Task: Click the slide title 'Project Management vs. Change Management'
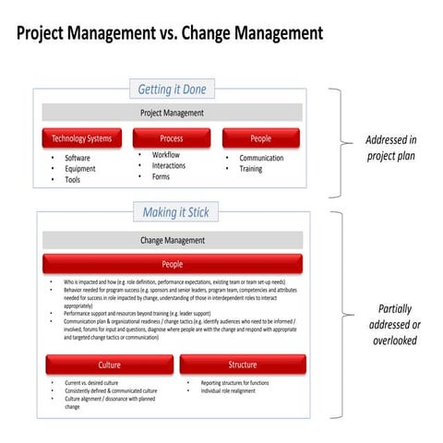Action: [x=169, y=33]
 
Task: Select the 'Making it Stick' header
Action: [x=175, y=212]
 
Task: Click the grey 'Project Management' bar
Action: [x=172, y=113]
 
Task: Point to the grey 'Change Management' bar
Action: [x=172, y=240]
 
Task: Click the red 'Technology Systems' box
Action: [x=81, y=138]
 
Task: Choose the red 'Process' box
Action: [x=171, y=138]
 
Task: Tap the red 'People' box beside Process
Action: [x=261, y=138]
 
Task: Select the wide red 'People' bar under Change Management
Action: [x=173, y=264]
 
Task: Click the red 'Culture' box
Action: [x=109, y=365]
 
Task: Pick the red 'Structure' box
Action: [x=243, y=365]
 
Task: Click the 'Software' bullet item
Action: [x=78, y=158]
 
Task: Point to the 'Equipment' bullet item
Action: [x=79, y=169]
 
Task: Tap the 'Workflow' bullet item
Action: [x=166, y=155]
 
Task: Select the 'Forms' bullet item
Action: [x=162, y=177]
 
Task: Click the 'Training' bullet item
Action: [x=251, y=169]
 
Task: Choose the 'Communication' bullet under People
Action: [x=261, y=158]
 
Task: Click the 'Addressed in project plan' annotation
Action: [x=390, y=148]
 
